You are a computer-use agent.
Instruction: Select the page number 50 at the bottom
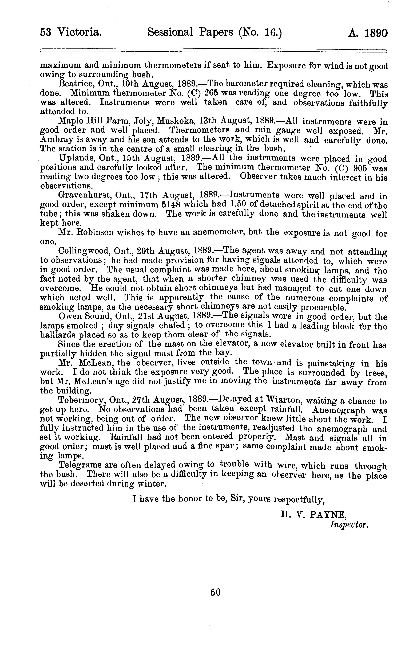point(215,592)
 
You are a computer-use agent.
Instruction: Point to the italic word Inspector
point(348,524)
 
